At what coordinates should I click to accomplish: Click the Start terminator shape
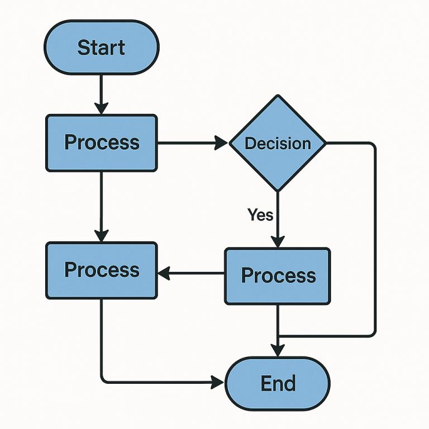101,48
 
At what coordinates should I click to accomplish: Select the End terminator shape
278,384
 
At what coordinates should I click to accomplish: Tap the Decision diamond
278,143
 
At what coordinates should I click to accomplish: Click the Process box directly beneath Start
101,142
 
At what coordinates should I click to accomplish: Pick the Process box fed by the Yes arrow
278,276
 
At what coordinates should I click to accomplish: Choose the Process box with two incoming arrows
101,270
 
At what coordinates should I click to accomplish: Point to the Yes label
260,214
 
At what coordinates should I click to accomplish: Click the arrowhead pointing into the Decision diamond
222,143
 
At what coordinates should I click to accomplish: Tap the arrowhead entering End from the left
218,383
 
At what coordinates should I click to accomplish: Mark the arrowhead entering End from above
278,350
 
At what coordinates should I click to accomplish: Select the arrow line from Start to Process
101,89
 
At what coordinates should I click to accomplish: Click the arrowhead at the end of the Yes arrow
278,241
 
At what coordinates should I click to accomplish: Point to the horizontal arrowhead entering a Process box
165,273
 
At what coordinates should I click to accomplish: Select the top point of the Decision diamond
278,96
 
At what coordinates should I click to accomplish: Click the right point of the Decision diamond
326,143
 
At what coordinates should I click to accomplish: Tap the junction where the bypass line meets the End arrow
278,336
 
